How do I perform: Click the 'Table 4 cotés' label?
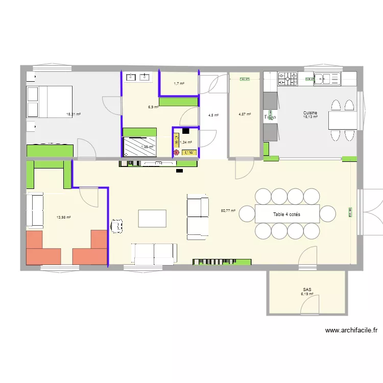click(286, 214)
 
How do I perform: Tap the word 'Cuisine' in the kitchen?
click(310, 113)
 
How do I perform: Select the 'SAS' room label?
click(306, 289)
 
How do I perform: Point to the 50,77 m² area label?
click(228, 210)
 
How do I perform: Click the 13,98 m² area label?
click(63, 217)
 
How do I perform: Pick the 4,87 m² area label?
click(245, 114)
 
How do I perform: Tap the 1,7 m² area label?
click(179, 83)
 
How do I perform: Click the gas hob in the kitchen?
click(288, 78)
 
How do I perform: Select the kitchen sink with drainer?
click(327, 78)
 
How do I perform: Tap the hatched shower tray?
click(139, 147)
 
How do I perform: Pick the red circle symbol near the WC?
click(176, 152)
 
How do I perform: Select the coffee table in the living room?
click(152, 218)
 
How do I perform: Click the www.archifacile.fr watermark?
click(351, 330)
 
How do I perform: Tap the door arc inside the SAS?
click(309, 305)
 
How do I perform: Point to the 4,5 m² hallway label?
click(213, 115)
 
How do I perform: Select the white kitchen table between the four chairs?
click(342, 121)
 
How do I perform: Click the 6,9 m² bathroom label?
click(153, 107)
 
